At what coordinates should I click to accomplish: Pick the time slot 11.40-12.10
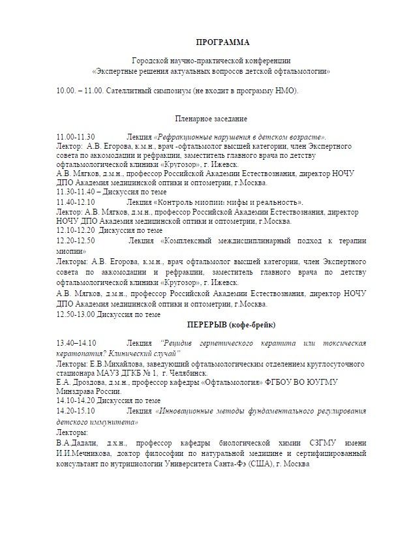point(76,203)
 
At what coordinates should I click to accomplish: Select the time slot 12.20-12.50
point(76,241)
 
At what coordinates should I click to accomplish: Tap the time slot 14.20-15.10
point(76,411)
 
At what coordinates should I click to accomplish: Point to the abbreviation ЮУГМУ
point(356,381)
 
